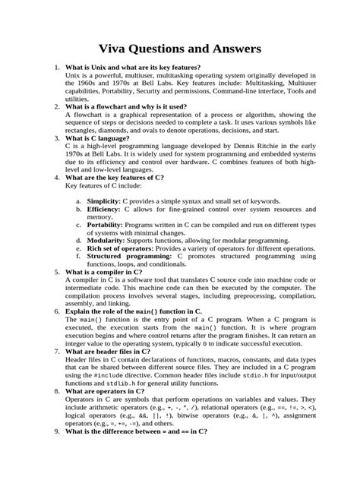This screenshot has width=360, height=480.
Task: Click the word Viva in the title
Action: [x=122, y=49]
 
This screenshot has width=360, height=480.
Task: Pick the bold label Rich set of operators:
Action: [x=125, y=248]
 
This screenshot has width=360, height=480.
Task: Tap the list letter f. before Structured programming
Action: [x=79, y=257]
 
